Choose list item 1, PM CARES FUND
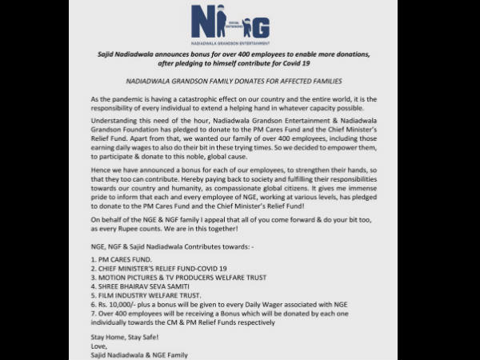(x=124, y=261)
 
